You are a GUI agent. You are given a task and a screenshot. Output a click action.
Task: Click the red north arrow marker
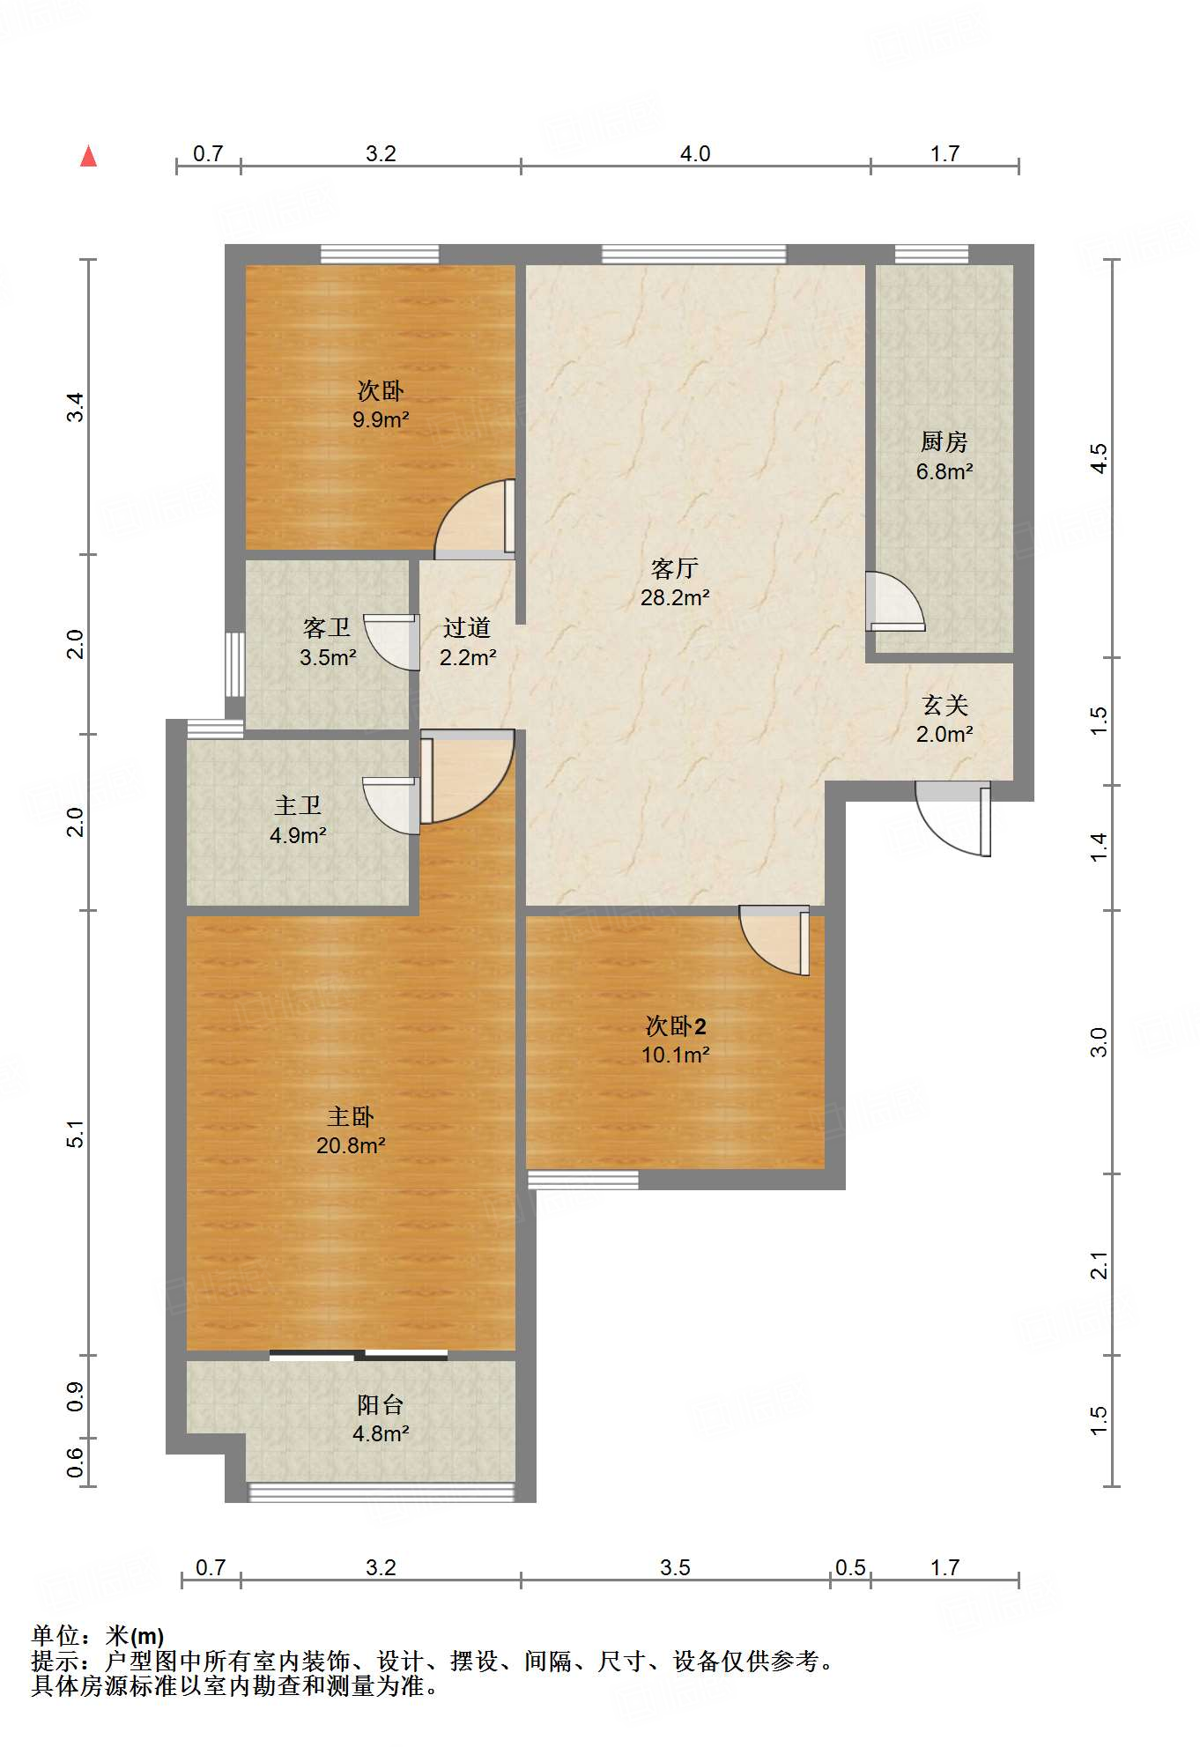[88, 156]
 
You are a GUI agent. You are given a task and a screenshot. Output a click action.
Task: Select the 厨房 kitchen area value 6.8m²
[944, 471]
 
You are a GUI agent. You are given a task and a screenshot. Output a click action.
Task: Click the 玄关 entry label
[944, 705]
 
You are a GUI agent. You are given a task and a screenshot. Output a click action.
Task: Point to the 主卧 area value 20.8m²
[351, 1145]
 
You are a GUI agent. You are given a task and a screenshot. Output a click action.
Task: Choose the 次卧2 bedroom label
[676, 1026]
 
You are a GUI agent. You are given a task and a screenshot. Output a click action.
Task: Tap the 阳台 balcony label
[381, 1404]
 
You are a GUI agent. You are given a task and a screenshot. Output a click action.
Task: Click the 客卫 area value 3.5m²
[328, 657]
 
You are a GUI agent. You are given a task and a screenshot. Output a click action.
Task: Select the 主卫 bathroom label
[298, 805]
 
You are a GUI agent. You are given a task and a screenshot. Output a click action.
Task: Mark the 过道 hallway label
[467, 627]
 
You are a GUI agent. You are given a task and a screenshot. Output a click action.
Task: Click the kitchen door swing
[895, 602]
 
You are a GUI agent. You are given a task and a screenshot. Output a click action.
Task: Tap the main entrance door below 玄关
[953, 818]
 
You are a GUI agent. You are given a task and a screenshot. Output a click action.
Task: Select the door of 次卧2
[774, 941]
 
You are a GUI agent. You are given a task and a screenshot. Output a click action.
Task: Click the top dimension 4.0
[695, 153]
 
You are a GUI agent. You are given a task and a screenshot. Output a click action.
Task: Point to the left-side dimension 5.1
[76, 1133]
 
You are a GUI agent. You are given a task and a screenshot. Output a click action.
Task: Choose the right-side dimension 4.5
[1099, 458]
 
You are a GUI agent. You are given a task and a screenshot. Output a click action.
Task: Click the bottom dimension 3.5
[675, 1567]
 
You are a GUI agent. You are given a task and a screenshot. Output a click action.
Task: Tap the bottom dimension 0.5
[850, 1567]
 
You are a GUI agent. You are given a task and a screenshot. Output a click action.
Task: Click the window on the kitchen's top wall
[931, 255]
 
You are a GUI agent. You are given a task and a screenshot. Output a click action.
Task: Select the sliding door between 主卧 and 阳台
[359, 1355]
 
